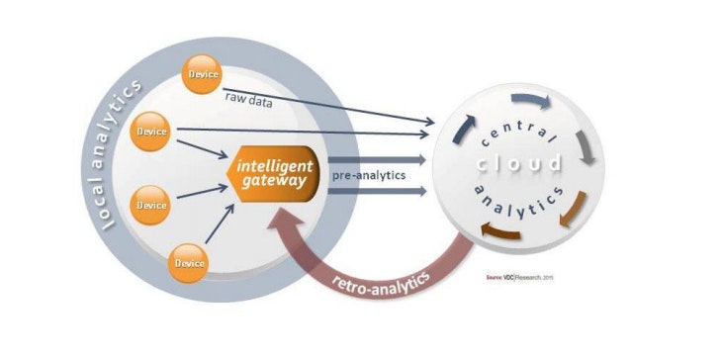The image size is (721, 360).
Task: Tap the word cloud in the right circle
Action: [x=516, y=163]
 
